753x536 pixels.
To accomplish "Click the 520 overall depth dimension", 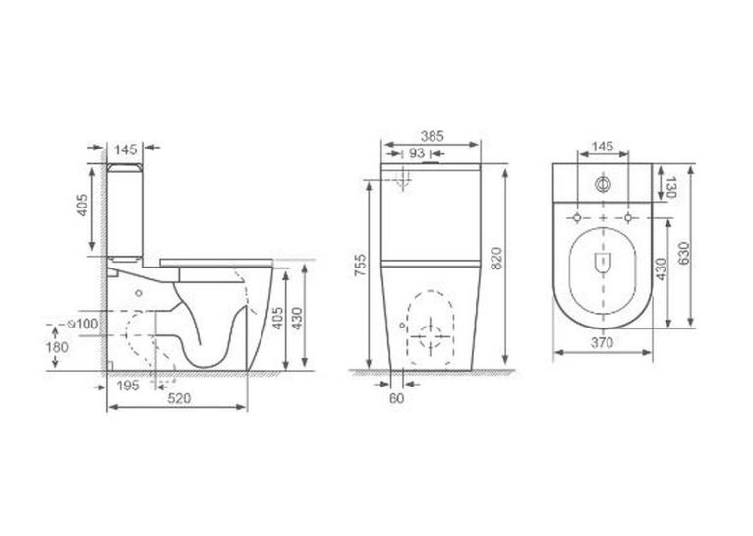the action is pyautogui.click(x=179, y=398).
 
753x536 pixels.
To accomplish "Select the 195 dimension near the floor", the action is pyautogui.click(x=128, y=386).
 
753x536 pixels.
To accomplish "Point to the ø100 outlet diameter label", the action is pyautogui.click(x=84, y=324).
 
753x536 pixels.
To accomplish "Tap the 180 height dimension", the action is pyautogui.click(x=57, y=347).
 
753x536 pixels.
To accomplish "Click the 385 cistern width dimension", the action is pyautogui.click(x=433, y=137).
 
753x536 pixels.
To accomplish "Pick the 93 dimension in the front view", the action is pyautogui.click(x=417, y=153).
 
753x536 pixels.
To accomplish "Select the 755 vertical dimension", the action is pyautogui.click(x=360, y=266).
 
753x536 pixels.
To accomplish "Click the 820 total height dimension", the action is pyautogui.click(x=496, y=259).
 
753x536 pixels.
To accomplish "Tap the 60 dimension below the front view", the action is pyautogui.click(x=397, y=398).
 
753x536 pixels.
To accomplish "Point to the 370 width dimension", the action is pyautogui.click(x=603, y=342).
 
